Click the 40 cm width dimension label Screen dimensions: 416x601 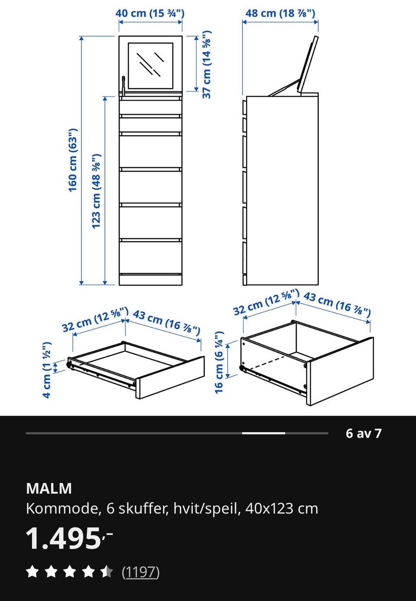[x=150, y=13]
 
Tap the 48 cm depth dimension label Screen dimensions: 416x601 [x=280, y=13]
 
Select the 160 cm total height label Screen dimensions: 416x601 [x=73, y=160]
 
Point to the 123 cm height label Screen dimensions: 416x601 [x=96, y=191]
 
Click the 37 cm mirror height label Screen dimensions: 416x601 [x=206, y=65]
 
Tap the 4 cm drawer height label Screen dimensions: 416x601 [x=47, y=370]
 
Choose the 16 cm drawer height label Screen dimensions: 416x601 [x=219, y=362]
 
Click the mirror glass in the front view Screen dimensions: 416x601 [x=150, y=66]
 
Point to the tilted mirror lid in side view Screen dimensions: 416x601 [x=308, y=65]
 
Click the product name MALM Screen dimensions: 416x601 [x=49, y=488]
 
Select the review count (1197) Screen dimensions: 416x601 [x=141, y=572]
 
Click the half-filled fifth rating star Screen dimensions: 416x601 [x=107, y=572]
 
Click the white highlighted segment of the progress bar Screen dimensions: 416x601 [x=263, y=433]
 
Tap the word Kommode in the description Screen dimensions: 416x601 [x=62, y=508]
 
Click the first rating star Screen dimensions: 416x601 [x=32, y=572]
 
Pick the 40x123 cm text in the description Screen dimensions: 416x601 [x=282, y=508]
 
